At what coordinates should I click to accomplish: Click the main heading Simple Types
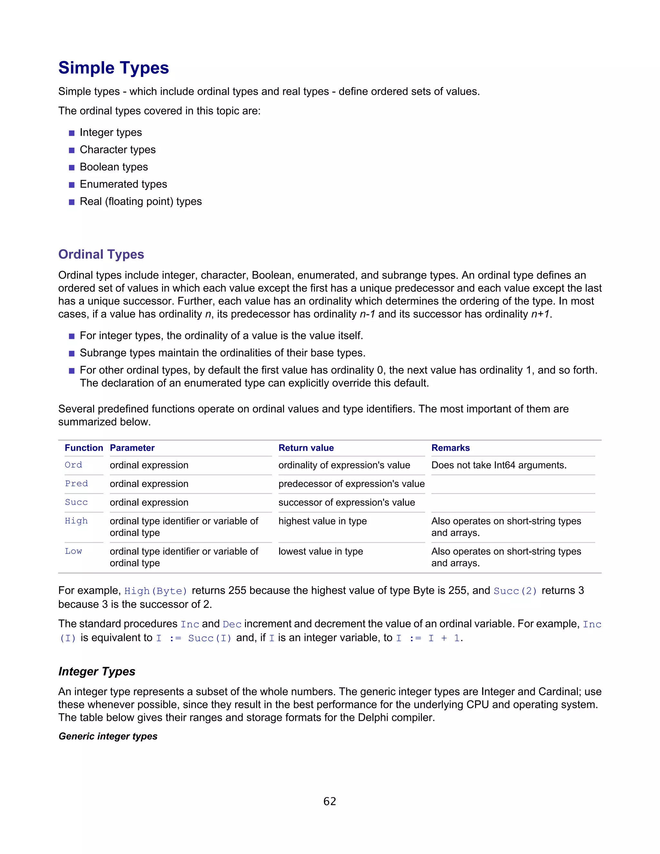click(113, 68)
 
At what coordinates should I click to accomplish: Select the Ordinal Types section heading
click(101, 254)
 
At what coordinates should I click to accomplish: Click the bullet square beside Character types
click(72, 150)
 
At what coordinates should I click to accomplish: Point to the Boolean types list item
click(113, 167)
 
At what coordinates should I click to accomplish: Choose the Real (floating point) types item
click(141, 201)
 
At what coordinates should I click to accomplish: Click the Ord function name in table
click(73, 465)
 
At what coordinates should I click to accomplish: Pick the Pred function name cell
click(76, 484)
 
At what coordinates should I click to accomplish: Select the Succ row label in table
click(76, 502)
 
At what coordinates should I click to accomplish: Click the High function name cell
click(76, 521)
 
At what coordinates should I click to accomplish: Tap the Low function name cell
click(73, 551)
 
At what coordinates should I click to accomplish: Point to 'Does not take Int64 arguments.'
click(499, 465)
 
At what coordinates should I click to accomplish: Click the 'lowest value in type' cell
click(320, 551)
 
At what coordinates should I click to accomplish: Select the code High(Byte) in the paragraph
click(156, 591)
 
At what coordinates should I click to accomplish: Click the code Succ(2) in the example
click(515, 591)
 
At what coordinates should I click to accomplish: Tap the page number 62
click(330, 801)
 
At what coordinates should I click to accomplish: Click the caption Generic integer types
click(108, 736)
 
